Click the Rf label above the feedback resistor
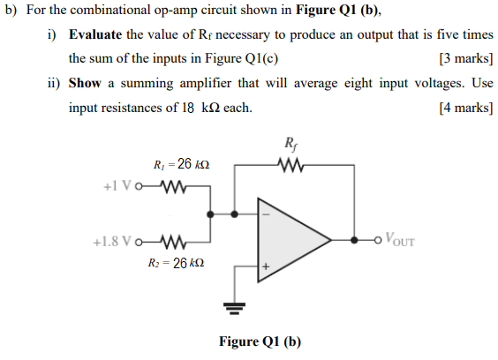coord(291,142)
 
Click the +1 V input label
coord(117,187)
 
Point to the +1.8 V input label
coord(113,239)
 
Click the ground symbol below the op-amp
coord(234,308)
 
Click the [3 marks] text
coord(465,59)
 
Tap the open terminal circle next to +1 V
coord(140,187)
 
